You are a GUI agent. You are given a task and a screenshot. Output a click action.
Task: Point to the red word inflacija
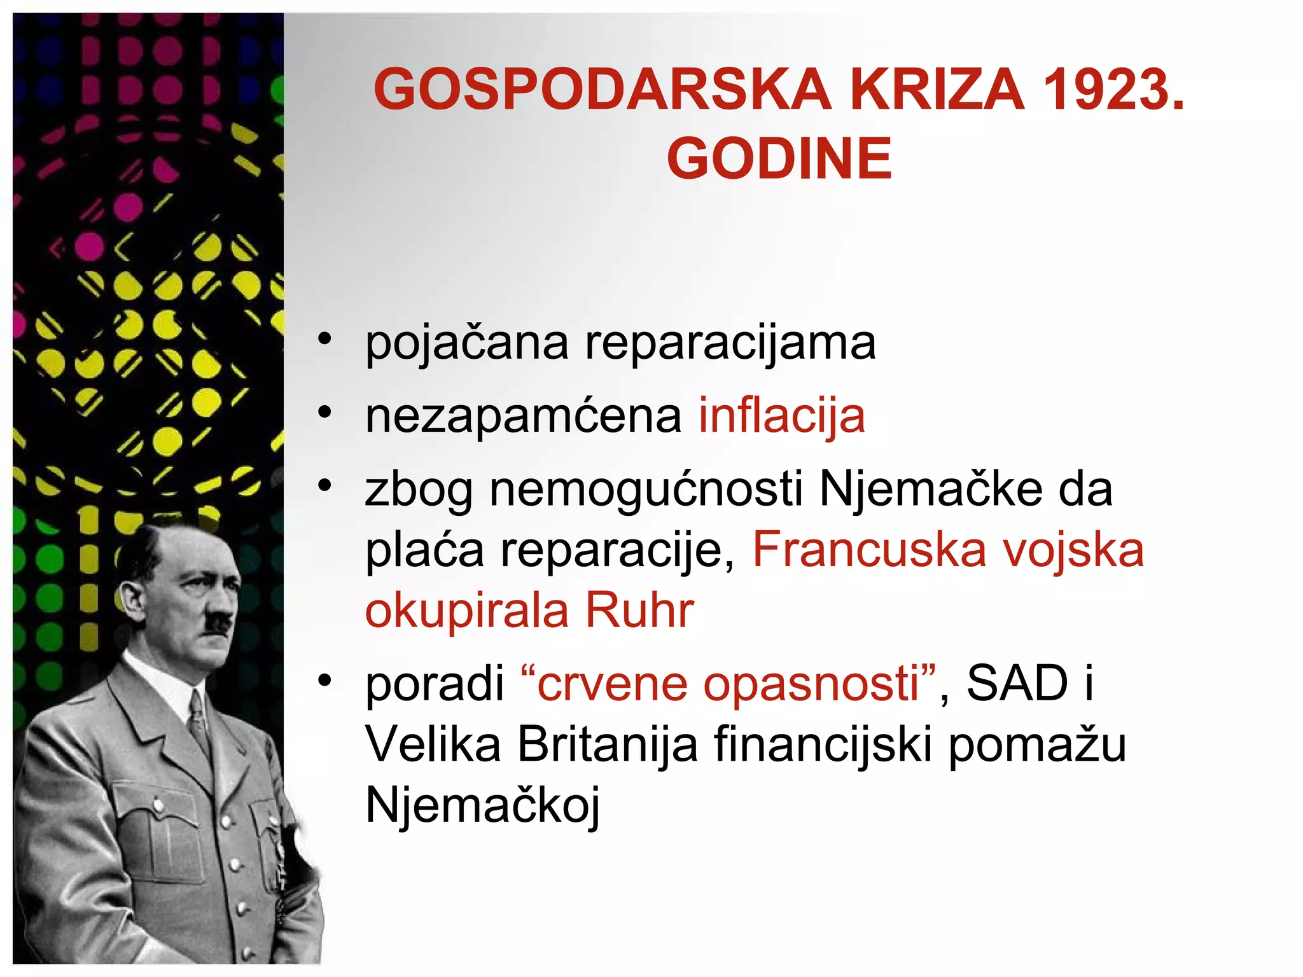(x=782, y=415)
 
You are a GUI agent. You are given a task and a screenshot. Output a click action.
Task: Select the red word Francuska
(x=868, y=550)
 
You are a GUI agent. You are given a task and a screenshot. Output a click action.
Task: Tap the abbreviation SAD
(x=1017, y=684)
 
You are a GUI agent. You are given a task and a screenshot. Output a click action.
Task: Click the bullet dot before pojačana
(x=325, y=340)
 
